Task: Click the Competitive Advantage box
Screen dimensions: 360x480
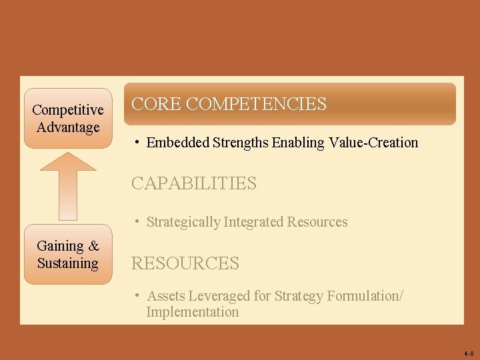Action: click(68, 118)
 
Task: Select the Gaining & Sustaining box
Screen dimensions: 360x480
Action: click(68, 255)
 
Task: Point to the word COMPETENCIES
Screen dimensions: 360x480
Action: click(257, 104)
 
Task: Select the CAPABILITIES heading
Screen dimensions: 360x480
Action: click(193, 183)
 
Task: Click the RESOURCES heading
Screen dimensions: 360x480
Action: click(185, 263)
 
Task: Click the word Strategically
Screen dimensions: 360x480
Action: click(183, 222)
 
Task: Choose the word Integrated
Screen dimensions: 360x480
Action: click(254, 222)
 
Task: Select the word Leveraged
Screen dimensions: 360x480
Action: click(217, 296)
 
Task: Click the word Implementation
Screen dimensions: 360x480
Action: click(193, 312)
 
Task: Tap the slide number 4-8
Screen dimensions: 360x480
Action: click(467, 353)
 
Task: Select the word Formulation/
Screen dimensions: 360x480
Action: click(365, 296)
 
